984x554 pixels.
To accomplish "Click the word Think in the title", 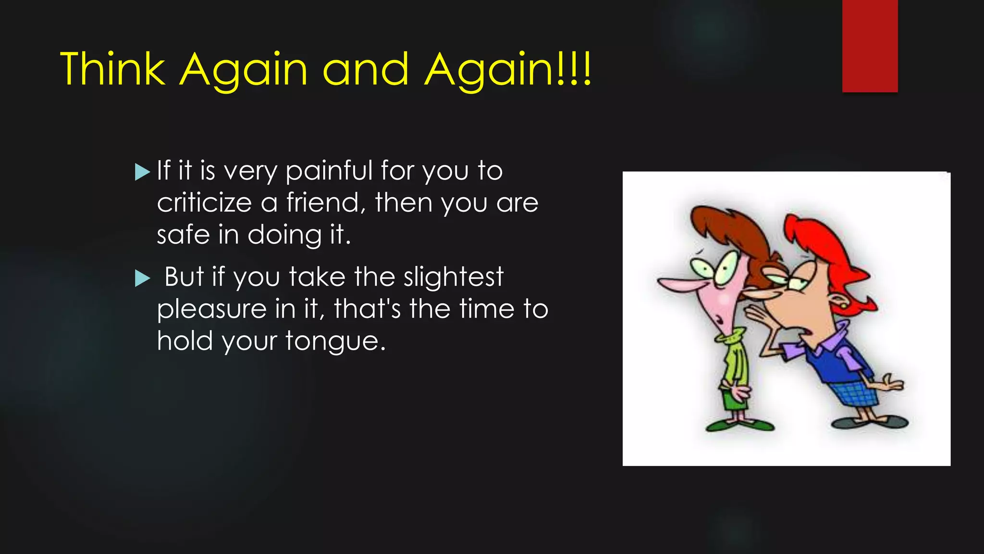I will (113, 70).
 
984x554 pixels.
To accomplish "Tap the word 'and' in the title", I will (366, 70).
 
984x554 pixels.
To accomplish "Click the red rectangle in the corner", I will (870, 46).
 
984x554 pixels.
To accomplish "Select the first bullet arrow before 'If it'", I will (142, 172).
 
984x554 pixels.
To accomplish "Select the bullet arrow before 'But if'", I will (142, 278).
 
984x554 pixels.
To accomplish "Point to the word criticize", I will (204, 203).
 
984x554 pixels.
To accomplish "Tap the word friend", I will (323, 202).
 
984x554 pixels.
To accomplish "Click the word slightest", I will (453, 277).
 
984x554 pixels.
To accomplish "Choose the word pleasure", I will (211, 309).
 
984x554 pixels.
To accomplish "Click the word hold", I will (185, 340).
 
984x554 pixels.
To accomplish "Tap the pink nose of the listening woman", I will (677, 284).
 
